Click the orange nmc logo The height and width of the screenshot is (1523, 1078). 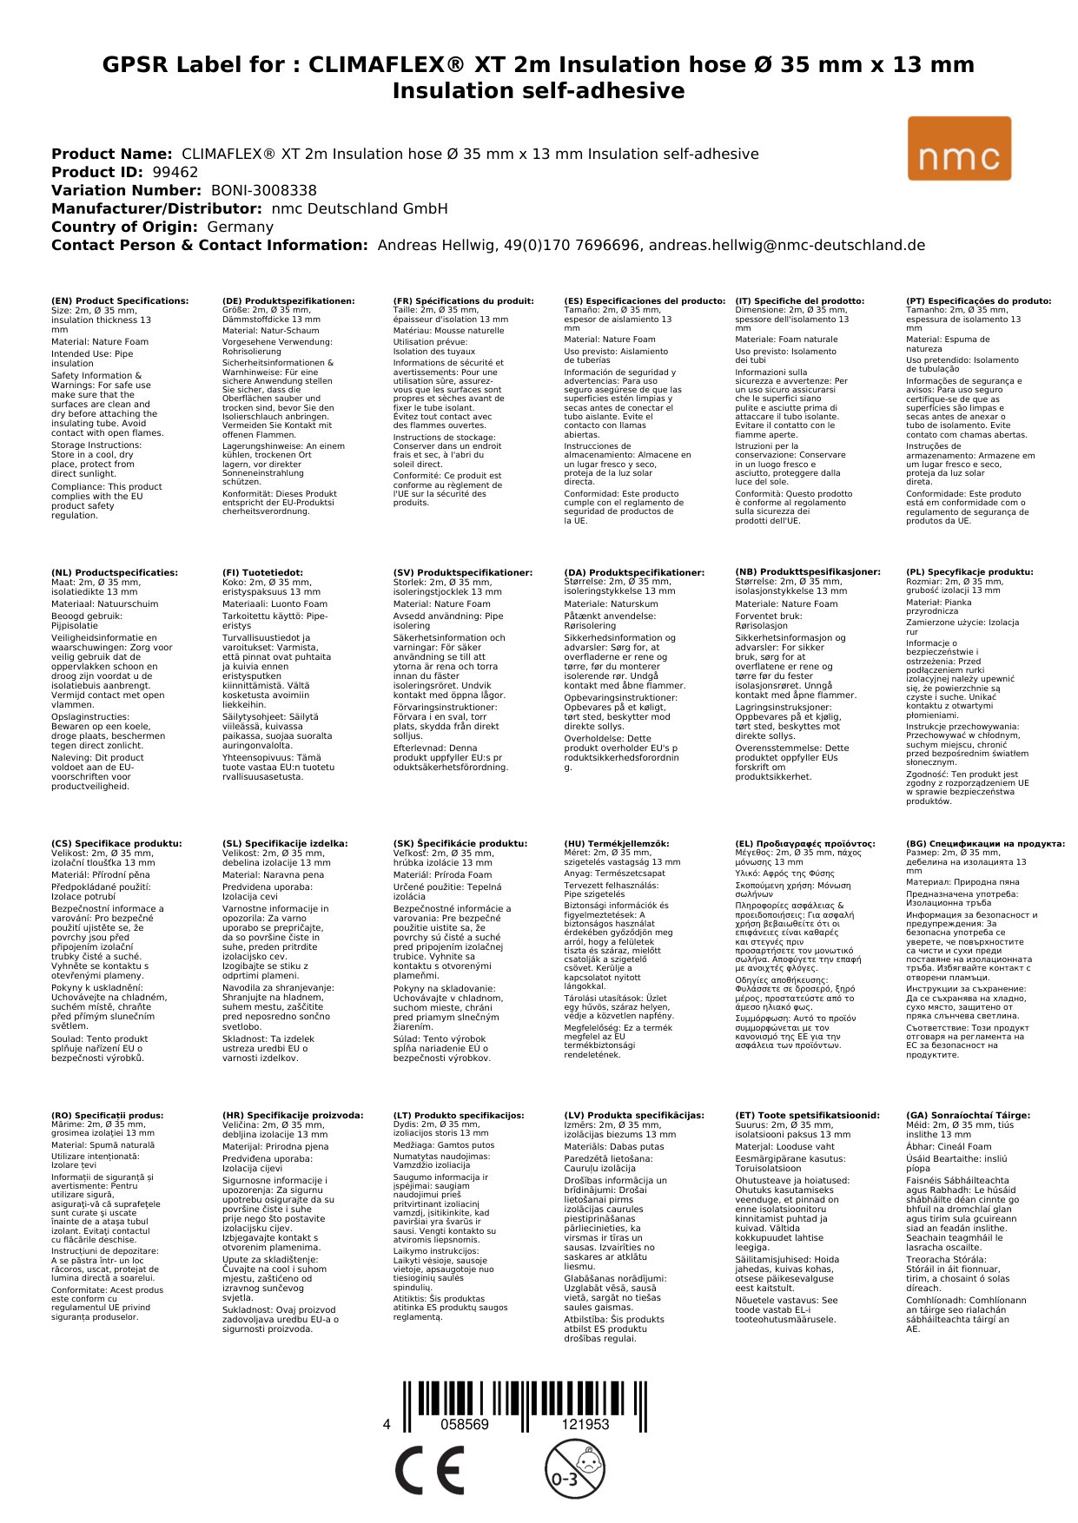tap(959, 148)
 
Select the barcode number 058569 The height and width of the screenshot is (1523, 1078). tap(465, 1424)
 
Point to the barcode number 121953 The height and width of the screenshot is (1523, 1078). tap(585, 1424)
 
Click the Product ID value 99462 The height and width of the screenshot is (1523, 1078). tap(175, 172)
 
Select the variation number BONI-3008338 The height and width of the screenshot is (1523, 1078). tap(264, 190)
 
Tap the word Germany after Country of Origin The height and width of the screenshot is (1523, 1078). tap(240, 227)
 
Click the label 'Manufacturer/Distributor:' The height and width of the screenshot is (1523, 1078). tap(156, 208)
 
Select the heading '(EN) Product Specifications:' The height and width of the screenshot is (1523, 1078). tap(120, 301)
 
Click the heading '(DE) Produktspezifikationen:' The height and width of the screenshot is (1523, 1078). tap(288, 301)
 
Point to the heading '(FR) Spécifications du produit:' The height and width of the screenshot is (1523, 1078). tap(463, 301)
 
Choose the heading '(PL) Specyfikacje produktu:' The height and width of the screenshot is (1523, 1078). tap(969, 572)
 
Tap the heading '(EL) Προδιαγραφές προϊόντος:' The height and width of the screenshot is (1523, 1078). tap(805, 843)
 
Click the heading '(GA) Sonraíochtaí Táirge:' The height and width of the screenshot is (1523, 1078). tap(968, 1115)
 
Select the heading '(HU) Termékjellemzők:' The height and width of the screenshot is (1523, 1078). tap(617, 843)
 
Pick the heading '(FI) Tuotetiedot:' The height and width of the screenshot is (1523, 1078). tap(262, 572)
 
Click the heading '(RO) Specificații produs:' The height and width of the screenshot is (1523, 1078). tap(108, 1115)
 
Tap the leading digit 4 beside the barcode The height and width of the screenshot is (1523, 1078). tap(387, 1424)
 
